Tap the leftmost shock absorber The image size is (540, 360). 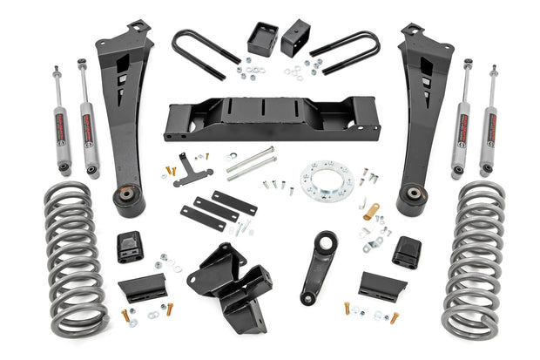(x=64, y=118)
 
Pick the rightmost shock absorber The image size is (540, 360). (x=491, y=118)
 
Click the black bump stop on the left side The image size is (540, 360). (x=131, y=248)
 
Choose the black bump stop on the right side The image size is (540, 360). (x=407, y=252)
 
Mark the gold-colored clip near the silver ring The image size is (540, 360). (x=372, y=210)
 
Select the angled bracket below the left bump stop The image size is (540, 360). (x=142, y=288)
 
